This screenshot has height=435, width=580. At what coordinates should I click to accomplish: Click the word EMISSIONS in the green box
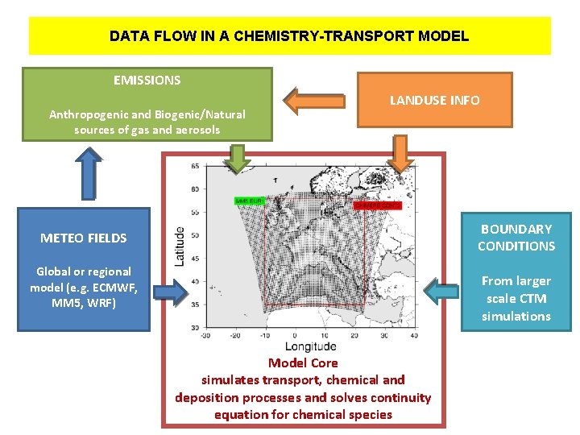pyautogui.click(x=147, y=80)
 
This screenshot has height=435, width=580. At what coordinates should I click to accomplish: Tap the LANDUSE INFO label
pyautogui.click(x=434, y=101)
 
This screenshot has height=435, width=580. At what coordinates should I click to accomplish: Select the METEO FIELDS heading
pyautogui.click(x=84, y=238)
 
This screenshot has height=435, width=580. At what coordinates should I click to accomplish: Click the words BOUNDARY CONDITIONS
pyautogui.click(x=516, y=238)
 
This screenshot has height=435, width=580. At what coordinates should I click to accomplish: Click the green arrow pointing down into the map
pyautogui.click(x=236, y=158)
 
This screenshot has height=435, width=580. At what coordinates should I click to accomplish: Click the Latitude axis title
pyautogui.click(x=179, y=246)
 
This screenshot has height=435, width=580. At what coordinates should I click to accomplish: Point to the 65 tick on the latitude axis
pyautogui.click(x=196, y=166)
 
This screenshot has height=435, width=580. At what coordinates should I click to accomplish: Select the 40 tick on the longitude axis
pyautogui.click(x=414, y=335)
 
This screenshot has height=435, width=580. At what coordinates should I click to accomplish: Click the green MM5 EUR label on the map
pyautogui.click(x=249, y=199)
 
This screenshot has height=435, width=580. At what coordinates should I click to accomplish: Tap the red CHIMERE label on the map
pyautogui.click(x=377, y=205)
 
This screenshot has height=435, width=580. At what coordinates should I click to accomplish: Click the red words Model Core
pyautogui.click(x=302, y=363)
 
